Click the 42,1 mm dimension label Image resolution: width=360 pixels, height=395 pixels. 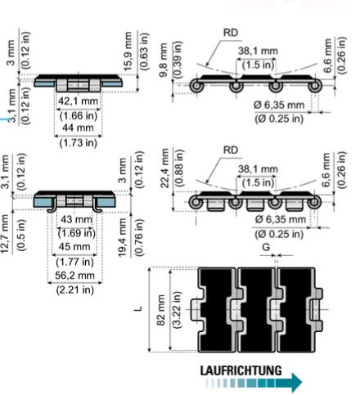(78, 101)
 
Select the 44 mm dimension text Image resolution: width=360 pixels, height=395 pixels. (78, 128)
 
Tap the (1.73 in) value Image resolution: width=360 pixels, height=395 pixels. (79, 142)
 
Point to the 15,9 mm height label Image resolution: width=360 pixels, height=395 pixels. (128, 52)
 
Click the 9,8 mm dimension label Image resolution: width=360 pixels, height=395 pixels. (164, 60)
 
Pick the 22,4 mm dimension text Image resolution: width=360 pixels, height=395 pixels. (165, 168)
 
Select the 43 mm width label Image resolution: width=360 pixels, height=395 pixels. (76, 219)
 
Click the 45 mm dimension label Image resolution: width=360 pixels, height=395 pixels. (74, 247)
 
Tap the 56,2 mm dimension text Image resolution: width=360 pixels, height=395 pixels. (74, 276)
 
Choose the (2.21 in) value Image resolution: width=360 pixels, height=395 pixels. (75, 290)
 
